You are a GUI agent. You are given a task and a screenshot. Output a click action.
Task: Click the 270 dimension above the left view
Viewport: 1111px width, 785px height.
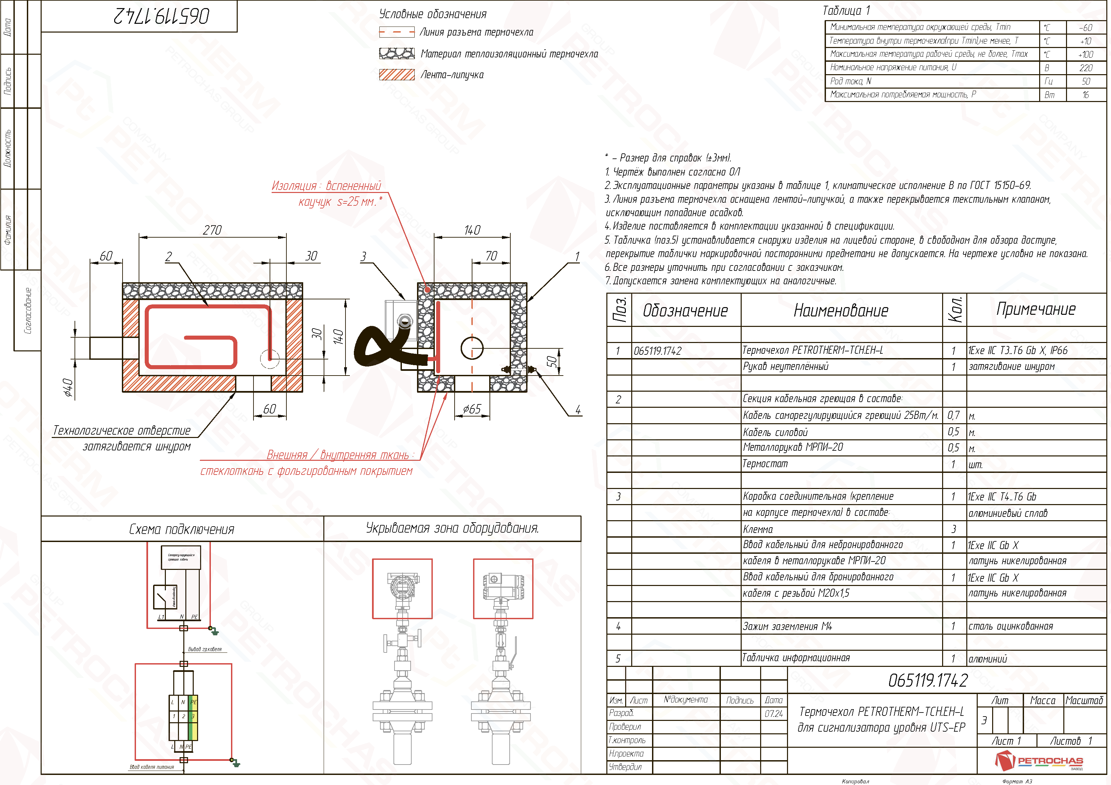point(212,230)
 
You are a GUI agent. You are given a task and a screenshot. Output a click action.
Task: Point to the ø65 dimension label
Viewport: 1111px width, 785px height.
point(472,409)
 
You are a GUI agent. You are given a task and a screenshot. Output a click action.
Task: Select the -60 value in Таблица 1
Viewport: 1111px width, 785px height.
point(1085,28)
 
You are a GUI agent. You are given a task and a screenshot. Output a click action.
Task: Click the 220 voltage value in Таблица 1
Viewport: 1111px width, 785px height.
point(1085,68)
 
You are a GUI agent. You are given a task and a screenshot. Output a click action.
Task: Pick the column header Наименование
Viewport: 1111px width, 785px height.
point(841,310)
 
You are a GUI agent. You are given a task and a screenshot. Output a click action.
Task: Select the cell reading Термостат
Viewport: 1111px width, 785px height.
point(765,464)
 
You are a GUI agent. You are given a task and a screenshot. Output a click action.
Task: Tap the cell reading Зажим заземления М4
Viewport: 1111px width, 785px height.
point(787,626)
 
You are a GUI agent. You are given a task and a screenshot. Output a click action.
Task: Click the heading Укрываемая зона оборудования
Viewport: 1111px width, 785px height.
point(452,528)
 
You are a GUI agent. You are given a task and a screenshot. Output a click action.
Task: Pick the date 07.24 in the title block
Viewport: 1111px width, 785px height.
point(773,714)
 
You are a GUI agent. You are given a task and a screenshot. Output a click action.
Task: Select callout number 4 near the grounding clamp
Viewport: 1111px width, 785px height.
point(578,410)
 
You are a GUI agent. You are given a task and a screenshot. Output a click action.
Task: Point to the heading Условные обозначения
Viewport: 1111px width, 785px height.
point(432,14)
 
